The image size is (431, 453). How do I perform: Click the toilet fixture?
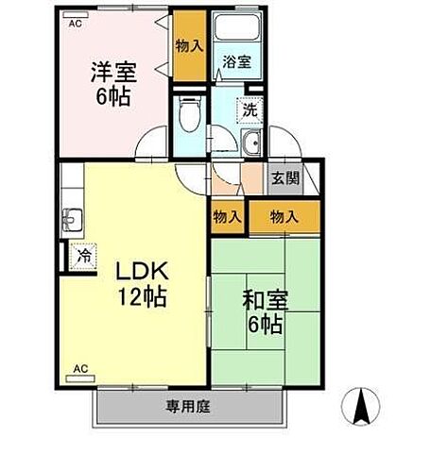[x=189, y=115]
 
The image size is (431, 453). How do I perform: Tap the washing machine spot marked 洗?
[x=250, y=109]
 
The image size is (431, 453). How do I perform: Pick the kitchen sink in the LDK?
[x=73, y=221]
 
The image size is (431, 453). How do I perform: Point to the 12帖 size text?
[x=143, y=298]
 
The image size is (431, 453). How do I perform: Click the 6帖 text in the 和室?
[x=266, y=326]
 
